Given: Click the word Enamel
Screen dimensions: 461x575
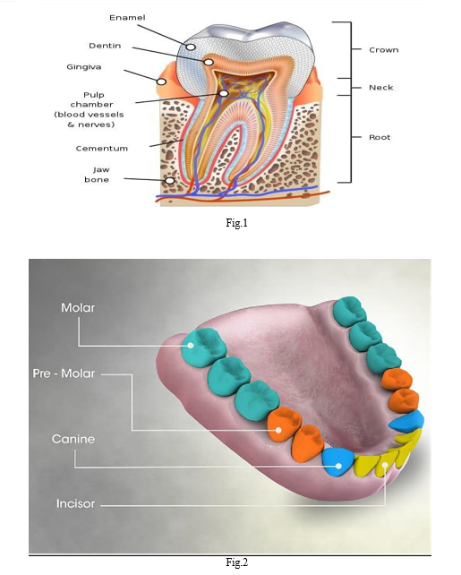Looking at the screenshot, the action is click(127, 18).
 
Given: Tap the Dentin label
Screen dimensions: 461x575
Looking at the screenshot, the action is click(105, 46).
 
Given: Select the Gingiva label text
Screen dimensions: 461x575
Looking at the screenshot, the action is click(84, 67).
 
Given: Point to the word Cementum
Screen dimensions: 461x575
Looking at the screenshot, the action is click(102, 149).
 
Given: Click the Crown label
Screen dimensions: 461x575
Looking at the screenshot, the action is click(384, 50).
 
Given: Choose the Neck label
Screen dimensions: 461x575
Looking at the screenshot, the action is click(381, 88).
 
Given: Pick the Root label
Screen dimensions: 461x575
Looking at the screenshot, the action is click(380, 138).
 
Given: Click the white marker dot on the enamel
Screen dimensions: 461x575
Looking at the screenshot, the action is click(191, 47).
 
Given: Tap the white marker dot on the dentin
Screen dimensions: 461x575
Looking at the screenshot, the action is click(209, 63).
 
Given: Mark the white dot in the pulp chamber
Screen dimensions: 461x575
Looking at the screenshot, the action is click(224, 93).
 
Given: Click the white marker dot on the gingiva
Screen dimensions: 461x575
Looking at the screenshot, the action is click(162, 82).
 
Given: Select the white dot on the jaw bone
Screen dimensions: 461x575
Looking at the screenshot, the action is click(170, 180).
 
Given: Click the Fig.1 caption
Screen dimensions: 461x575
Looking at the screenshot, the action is click(236, 223).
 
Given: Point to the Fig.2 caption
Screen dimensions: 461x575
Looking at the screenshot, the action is click(236, 562).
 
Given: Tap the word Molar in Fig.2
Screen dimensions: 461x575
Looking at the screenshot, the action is click(78, 308).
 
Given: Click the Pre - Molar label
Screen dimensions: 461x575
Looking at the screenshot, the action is click(64, 373).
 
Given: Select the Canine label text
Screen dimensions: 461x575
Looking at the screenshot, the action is click(73, 439).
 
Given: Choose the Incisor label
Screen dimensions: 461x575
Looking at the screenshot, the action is click(75, 503).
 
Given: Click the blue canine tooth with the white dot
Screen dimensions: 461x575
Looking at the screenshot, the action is click(337, 462).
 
